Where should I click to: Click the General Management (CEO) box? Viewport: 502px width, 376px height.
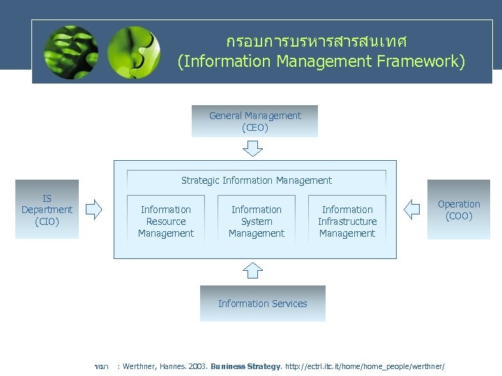(254, 121)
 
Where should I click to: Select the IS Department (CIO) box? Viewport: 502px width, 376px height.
(47, 210)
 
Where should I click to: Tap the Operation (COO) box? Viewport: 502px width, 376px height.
(458, 210)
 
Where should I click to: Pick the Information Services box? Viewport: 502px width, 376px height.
(262, 304)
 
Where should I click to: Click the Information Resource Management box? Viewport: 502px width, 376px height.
(165, 221)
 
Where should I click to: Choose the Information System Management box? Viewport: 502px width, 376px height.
(257, 221)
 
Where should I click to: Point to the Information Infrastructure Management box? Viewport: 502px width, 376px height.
(347, 221)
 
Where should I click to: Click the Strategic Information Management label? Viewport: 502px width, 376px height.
(257, 180)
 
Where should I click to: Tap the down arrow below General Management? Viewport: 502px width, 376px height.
(252, 148)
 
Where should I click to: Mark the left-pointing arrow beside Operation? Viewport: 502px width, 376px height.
(412, 209)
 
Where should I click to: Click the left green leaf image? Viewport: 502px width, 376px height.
(70, 52)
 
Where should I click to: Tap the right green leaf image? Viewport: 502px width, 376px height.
(133, 52)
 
